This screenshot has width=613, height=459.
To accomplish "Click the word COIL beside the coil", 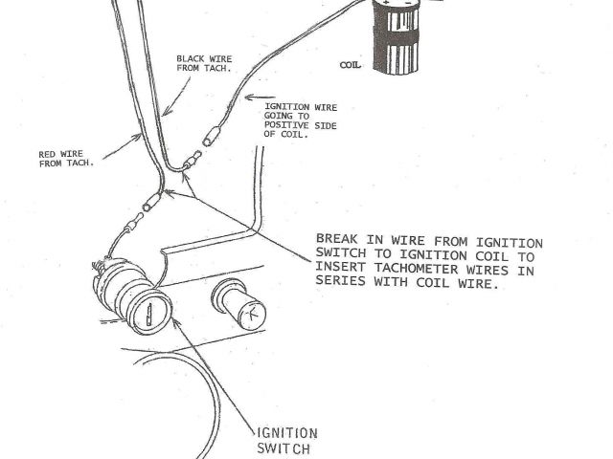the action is (x=350, y=67).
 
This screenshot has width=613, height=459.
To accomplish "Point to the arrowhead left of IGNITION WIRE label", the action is (x=250, y=98).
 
